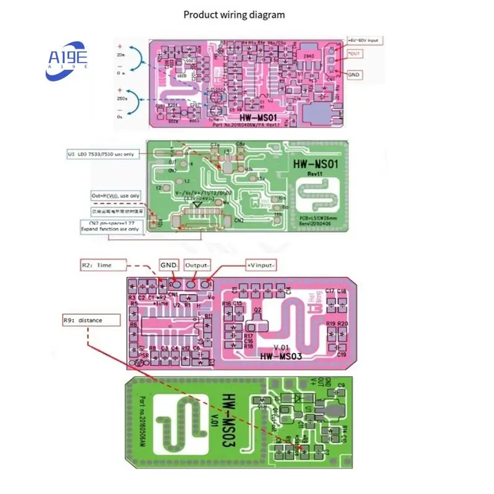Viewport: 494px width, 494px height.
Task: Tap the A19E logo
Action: [67, 61]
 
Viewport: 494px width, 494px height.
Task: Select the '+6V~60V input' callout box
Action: [366, 40]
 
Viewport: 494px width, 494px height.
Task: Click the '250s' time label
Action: [122, 98]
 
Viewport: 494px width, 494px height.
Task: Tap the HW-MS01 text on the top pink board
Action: [260, 117]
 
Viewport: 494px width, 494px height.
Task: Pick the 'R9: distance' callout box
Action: [83, 320]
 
